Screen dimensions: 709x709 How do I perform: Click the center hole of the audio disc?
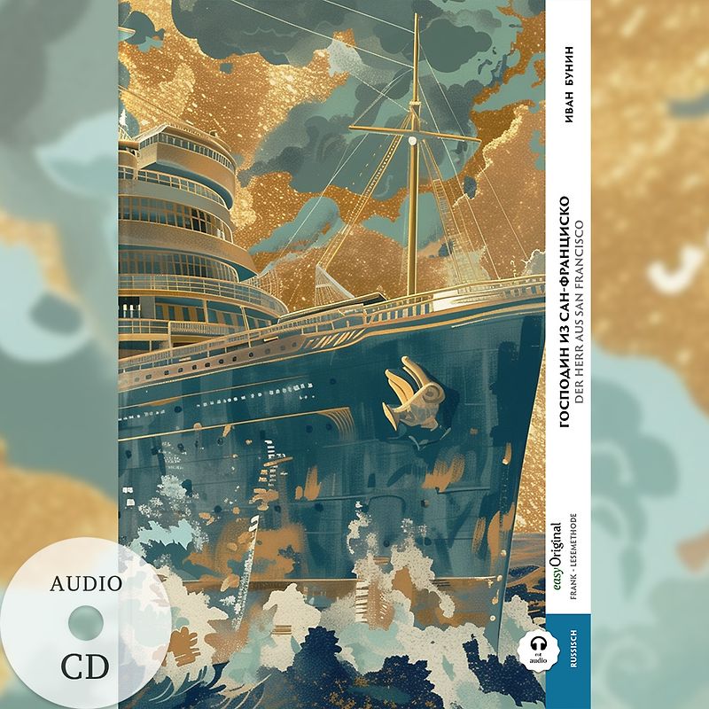click(85, 623)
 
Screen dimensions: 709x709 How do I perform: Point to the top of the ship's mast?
click(416, 18)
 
